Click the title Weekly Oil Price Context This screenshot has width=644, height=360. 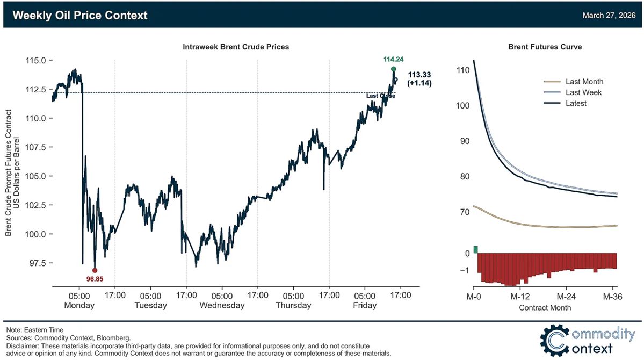80,15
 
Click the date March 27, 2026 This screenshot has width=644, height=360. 609,16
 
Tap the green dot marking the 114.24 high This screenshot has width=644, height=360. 394,69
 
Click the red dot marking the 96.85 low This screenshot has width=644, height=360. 95,270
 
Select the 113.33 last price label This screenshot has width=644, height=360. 419,75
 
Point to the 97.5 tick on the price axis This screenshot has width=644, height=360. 36,263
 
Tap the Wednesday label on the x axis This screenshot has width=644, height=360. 222,305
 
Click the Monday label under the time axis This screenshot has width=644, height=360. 79,305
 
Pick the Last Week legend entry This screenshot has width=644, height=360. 583,92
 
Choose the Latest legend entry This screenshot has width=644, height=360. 576,103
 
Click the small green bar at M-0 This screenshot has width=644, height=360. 475,249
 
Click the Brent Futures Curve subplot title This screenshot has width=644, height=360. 545,47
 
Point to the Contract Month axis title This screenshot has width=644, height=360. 545,308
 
